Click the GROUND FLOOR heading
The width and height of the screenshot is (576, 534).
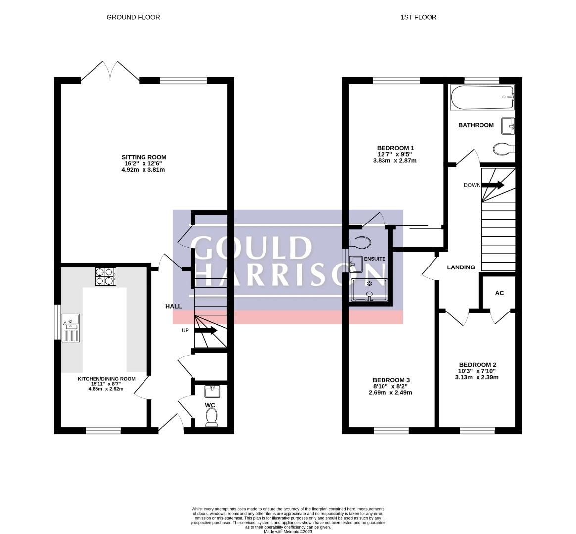click(x=133, y=17)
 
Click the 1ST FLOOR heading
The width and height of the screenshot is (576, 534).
click(x=418, y=17)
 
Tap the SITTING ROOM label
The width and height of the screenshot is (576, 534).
click(x=145, y=157)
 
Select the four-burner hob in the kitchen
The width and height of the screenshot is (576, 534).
click(x=105, y=276)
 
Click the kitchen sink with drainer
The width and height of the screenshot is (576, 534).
click(x=70, y=328)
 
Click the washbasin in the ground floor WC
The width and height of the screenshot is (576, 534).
click(x=213, y=392)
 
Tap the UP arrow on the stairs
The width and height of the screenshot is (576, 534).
click(x=206, y=331)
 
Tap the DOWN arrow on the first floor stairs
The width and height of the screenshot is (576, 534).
click(x=493, y=185)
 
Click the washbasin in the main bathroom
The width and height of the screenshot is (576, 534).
click(x=508, y=126)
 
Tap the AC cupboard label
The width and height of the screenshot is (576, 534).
click(x=499, y=293)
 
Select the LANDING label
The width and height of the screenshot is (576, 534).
click(x=461, y=267)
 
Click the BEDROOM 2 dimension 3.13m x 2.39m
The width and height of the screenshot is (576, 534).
click(x=477, y=377)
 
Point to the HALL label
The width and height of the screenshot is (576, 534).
click(x=173, y=307)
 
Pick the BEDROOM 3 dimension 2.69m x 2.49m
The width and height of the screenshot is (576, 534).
click(x=390, y=393)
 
